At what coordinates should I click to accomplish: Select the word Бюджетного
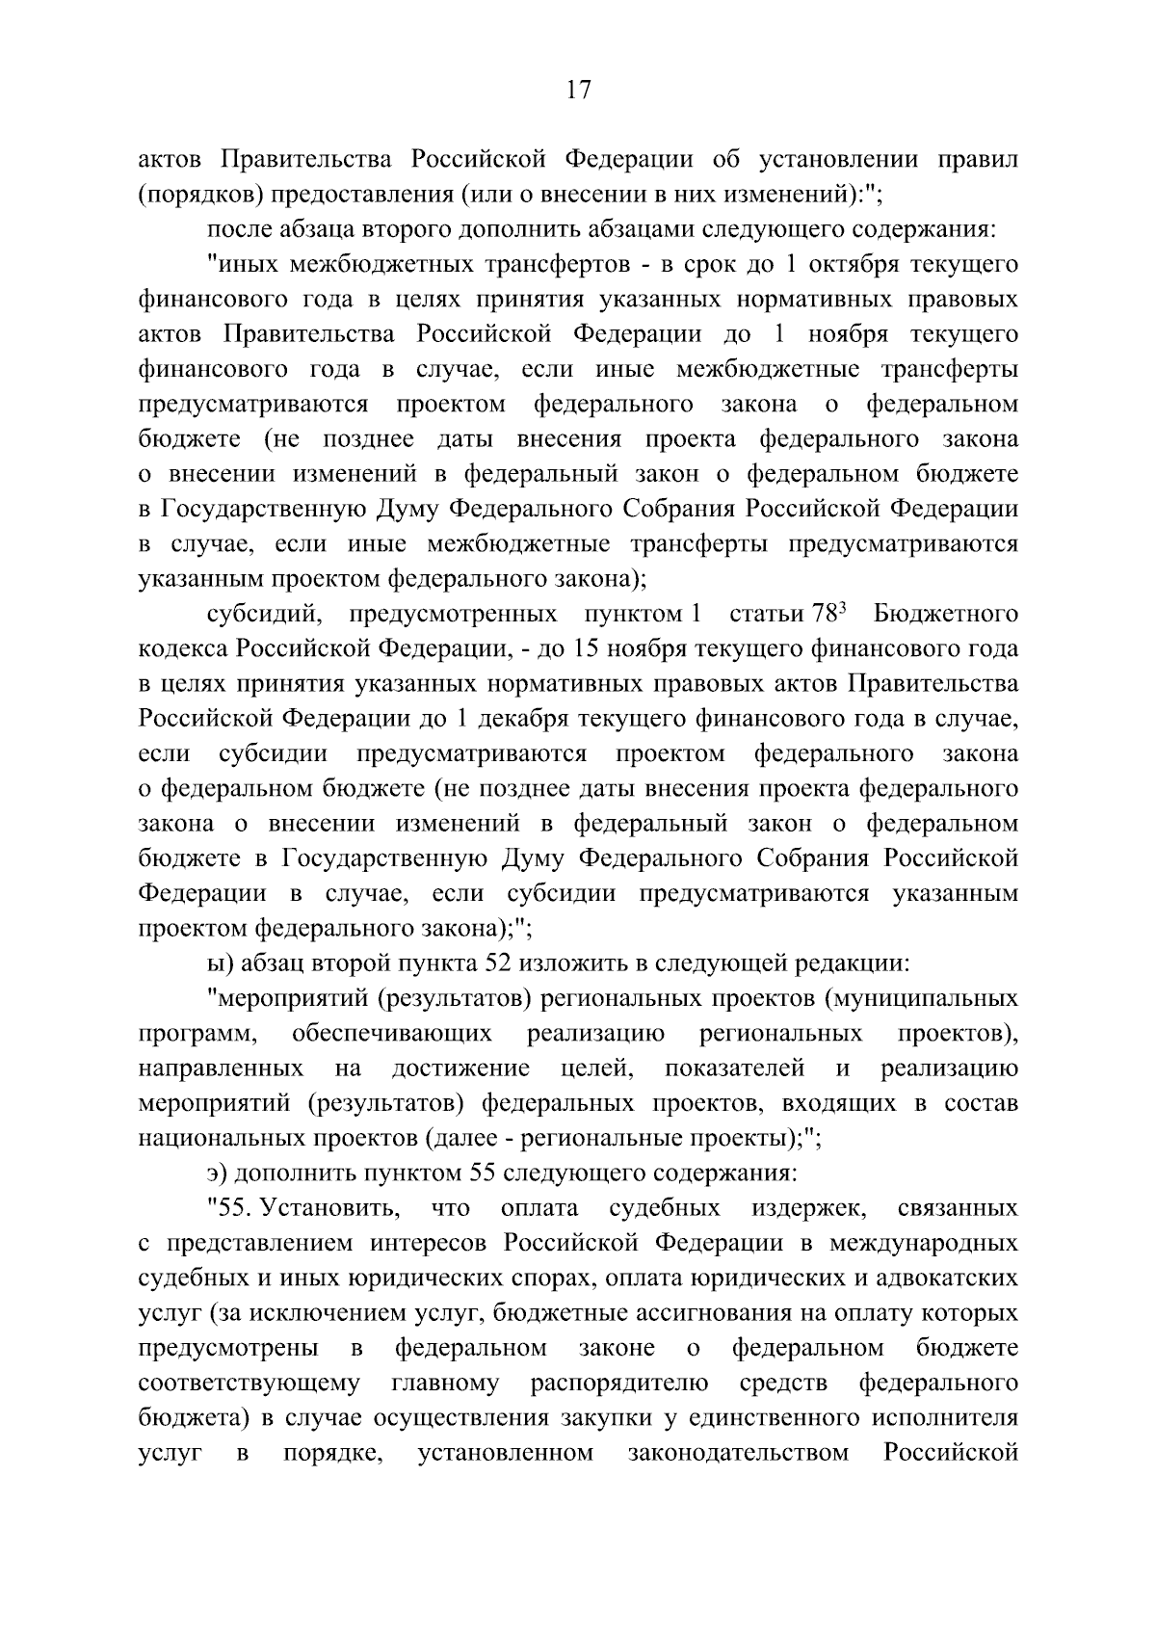(945, 614)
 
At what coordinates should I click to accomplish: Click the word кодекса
(184, 648)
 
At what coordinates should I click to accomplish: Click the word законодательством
(738, 1452)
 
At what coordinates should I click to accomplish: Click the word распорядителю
(619, 1383)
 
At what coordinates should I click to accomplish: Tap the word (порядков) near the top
(198, 195)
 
